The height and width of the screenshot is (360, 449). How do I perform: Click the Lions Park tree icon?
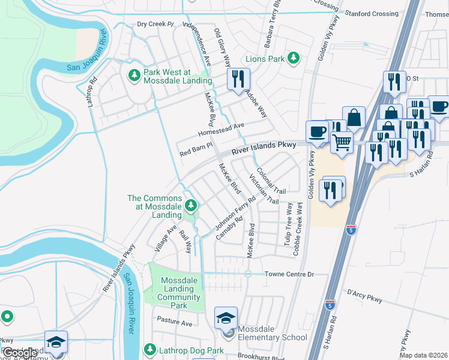pyautogui.click(x=293, y=59)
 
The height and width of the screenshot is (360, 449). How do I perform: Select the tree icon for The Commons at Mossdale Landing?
pyautogui.click(x=191, y=206)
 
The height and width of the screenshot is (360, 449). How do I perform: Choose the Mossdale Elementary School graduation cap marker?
pyautogui.click(x=226, y=318)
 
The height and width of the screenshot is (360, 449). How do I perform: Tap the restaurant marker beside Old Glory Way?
pyautogui.click(x=238, y=79)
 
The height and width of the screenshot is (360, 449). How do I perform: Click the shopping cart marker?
pyautogui.click(x=342, y=143)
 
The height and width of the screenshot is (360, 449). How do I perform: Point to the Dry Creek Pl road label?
pyautogui.click(x=155, y=25)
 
